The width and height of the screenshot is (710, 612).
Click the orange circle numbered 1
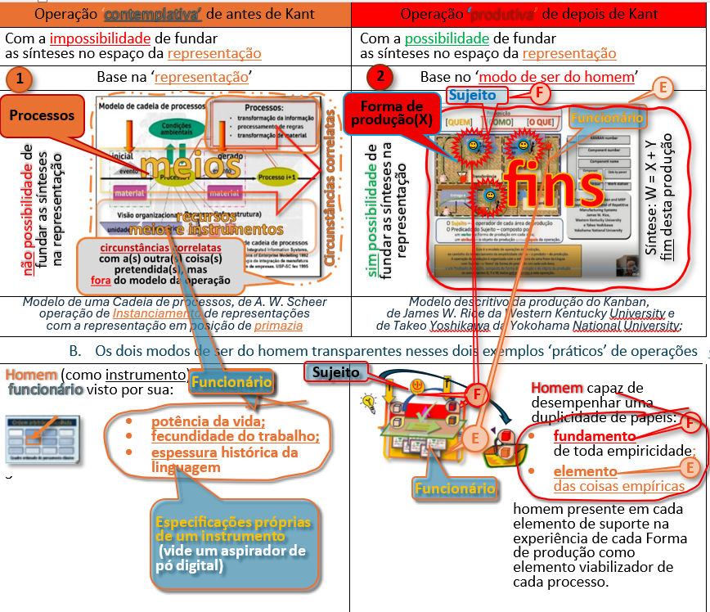coord(20,79)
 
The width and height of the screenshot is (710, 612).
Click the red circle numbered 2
coord(380,78)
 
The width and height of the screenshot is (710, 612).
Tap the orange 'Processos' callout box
coord(42,115)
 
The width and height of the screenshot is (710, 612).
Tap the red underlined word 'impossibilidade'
coord(101,38)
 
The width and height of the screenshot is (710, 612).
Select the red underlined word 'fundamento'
coord(594,435)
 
